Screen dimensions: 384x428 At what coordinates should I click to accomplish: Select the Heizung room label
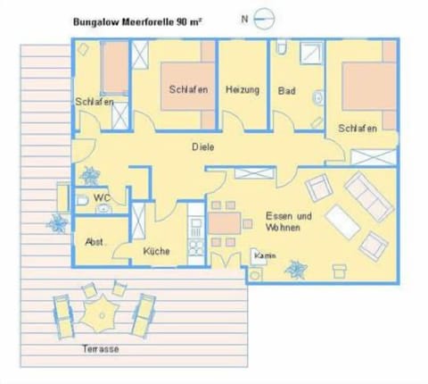coord(242,90)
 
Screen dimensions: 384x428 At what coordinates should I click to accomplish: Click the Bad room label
coord(286,90)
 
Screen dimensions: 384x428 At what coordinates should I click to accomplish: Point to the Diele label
coord(202,147)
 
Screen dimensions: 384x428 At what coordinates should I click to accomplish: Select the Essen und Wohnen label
coord(288,221)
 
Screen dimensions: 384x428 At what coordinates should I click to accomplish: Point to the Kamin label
coord(264,256)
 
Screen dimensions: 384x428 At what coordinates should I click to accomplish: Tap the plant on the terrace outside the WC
coord(60,222)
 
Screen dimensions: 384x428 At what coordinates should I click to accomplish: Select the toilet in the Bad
coord(281,49)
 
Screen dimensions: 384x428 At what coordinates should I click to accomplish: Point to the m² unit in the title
coord(195,18)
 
